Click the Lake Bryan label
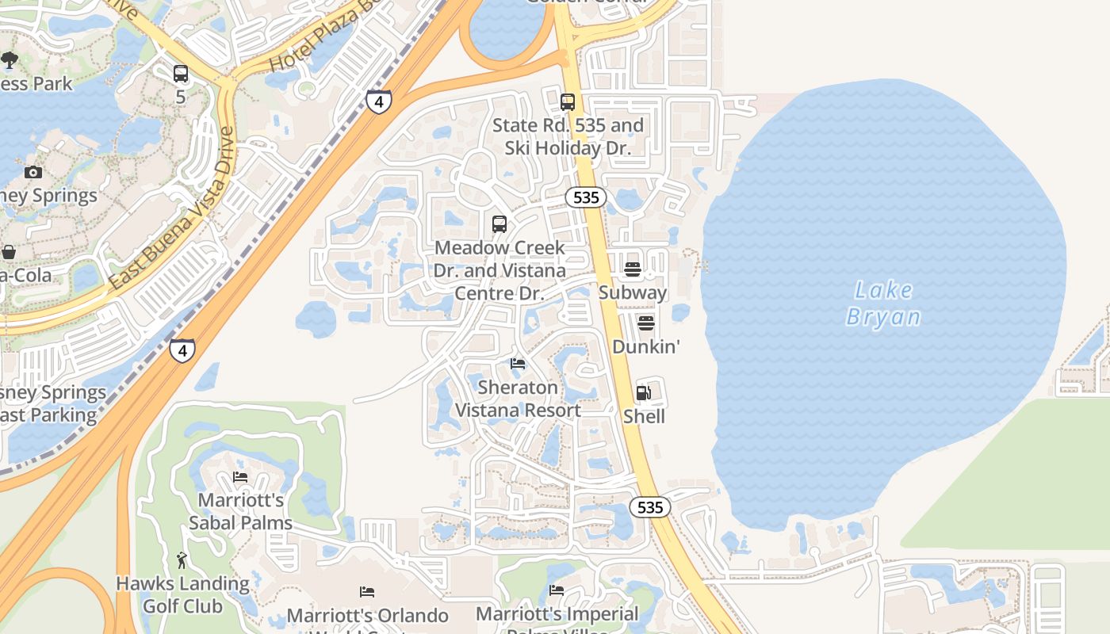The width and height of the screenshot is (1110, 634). (x=883, y=304)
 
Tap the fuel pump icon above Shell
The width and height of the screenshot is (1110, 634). (x=644, y=393)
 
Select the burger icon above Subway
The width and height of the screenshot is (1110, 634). (x=632, y=269)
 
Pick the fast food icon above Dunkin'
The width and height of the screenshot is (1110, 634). (x=646, y=323)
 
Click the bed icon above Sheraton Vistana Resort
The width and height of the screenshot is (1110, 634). (x=518, y=364)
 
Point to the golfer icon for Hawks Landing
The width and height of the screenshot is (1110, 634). (x=182, y=560)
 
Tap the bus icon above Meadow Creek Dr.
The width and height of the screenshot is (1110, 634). (x=499, y=224)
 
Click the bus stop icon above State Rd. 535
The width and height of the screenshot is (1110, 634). (x=568, y=102)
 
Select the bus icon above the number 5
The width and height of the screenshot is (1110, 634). (x=181, y=74)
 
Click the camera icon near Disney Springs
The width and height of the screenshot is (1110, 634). (x=33, y=173)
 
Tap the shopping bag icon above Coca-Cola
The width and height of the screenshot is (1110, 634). (x=9, y=252)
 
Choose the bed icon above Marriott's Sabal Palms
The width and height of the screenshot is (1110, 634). (x=240, y=477)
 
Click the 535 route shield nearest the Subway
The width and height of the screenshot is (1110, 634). (x=586, y=197)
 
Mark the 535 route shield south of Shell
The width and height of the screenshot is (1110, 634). (x=650, y=507)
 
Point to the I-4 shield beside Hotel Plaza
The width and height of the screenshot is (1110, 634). (x=379, y=101)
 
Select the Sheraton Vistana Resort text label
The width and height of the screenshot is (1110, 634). (x=518, y=399)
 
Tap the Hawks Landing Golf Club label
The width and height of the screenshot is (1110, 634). (x=182, y=595)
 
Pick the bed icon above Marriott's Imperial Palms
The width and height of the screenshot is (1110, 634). (x=557, y=590)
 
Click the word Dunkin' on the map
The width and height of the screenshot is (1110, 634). (x=646, y=346)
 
